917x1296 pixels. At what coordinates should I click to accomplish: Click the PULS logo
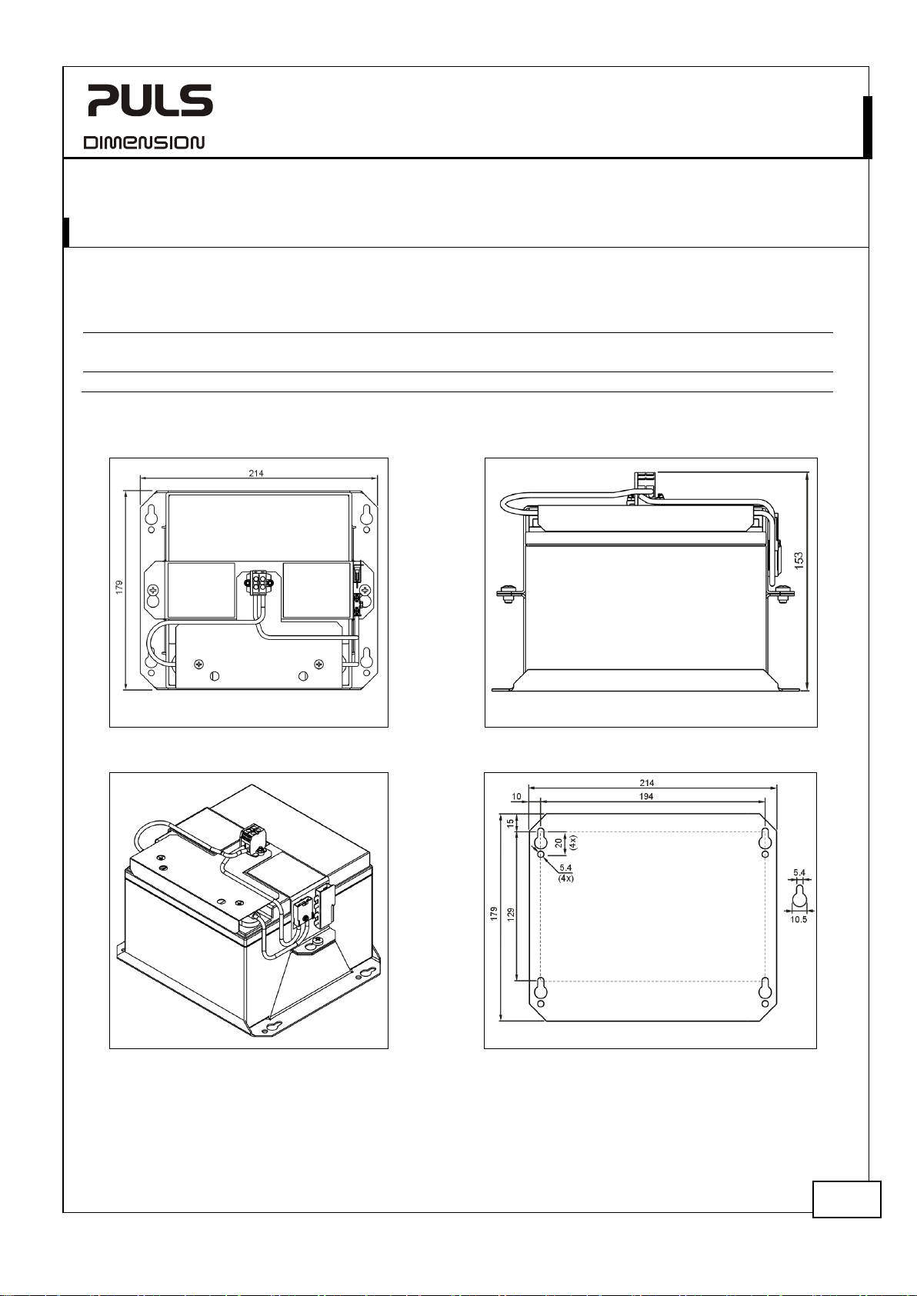tap(151, 100)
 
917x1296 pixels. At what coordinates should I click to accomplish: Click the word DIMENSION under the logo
tap(144, 142)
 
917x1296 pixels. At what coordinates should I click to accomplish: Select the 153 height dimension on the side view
tap(799, 560)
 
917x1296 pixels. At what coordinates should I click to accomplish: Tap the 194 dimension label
tap(646, 796)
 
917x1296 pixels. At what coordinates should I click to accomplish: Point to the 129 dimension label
tap(511, 915)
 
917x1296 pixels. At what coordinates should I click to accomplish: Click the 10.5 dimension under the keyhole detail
tap(799, 919)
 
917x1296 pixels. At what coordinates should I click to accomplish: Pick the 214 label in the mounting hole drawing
tap(647, 783)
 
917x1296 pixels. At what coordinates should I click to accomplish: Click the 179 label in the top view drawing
tap(119, 587)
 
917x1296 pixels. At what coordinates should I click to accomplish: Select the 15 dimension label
tap(511, 822)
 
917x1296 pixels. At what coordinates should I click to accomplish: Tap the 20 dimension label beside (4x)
tap(559, 842)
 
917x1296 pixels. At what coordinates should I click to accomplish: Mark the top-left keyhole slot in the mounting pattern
tap(540, 837)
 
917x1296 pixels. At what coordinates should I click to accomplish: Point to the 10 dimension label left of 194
tap(517, 796)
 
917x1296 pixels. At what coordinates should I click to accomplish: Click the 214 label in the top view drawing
tap(256, 473)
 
